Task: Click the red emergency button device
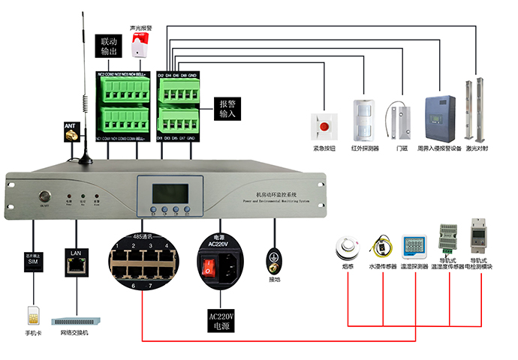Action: [325, 126]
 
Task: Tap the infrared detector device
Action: [363, 118]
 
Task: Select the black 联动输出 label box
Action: [110, 46]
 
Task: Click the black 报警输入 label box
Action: [228, 109]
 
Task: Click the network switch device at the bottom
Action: [74, 318]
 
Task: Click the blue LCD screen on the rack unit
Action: [167, 189]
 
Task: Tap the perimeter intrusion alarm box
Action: [438, 117]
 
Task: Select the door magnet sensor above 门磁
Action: [401, 120]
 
